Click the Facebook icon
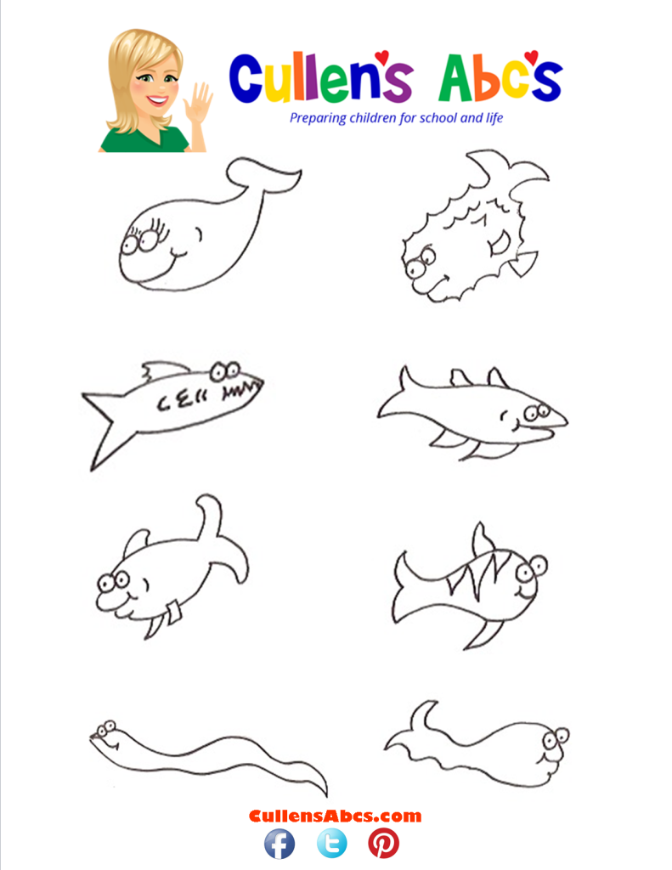[280, 844]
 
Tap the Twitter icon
[331, 844]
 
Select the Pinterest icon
[383, 844]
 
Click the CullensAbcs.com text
[335, 816]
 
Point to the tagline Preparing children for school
[396, 118]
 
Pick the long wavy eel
[204, 753]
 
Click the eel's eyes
[105, 728]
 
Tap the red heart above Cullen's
[381, 57]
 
